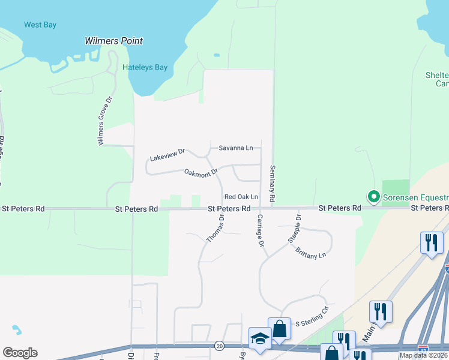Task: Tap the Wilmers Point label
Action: (113, 41)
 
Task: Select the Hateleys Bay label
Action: (145, 68)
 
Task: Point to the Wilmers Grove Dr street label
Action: (101, 120)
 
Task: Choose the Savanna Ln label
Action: (235, 148)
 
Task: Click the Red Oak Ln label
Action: (241, 197)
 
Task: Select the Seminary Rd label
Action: (273, 183)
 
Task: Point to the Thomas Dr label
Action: (215, 229)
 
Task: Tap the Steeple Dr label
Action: (294, 228)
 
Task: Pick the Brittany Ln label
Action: (310, 254)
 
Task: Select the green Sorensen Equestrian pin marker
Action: (373, 196)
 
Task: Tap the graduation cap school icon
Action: (260, 338)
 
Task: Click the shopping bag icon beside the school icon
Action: (279, 328)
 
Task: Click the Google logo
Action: (20, 353)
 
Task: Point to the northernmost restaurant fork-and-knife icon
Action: (432, 242)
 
